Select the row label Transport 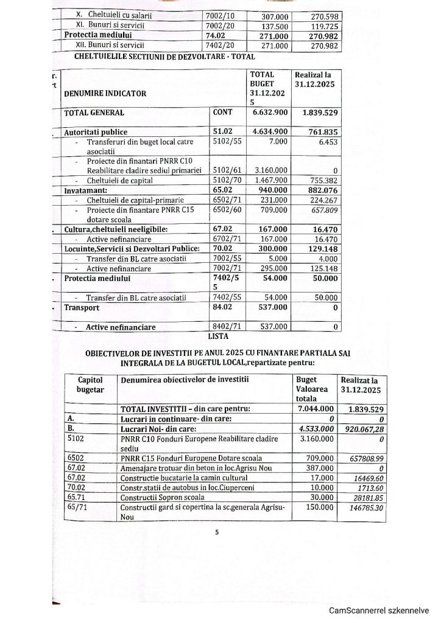point(82,308)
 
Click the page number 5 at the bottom point(216,533)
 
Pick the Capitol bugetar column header point(90,384)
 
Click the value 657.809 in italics point(323,211)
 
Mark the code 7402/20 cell point(222,46)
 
